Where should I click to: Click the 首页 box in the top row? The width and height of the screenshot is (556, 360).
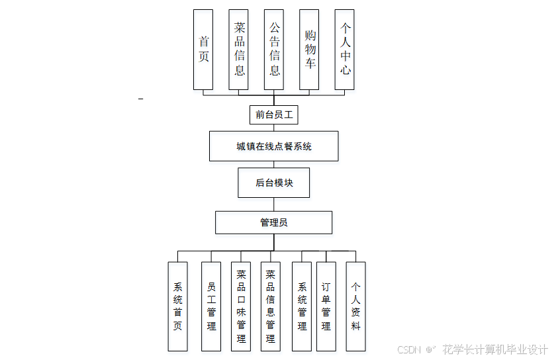[203, 50]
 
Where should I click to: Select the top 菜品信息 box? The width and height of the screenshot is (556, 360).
[238, 50]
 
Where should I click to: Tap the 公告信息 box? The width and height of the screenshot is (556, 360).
[274, 50]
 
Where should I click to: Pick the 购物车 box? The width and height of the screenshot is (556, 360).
[310, 50]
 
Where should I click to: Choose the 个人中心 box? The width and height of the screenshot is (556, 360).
[345, 50]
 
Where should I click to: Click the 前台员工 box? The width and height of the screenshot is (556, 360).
[274, 114]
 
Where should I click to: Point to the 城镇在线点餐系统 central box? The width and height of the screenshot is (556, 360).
[274, 146]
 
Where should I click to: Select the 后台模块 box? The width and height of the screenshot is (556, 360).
[274, 183]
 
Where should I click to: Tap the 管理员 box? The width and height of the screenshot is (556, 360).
[274, 222]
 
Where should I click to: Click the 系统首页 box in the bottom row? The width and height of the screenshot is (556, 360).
[177, 306]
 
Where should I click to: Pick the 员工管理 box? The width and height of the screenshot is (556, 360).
[211, 306]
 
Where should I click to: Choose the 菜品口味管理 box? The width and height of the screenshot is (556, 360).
[241, 306]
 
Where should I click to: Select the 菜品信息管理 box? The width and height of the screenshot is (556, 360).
[270, 306]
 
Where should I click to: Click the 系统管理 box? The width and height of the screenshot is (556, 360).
[302, 306]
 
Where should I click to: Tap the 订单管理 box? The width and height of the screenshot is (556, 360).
[326, 306]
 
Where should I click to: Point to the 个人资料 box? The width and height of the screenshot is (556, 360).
[355, 306]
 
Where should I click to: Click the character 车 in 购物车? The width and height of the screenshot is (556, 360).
[310, 64]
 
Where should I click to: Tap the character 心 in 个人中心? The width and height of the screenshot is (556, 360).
[345, 69]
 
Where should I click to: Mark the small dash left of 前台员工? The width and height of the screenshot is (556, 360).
[140, 99]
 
